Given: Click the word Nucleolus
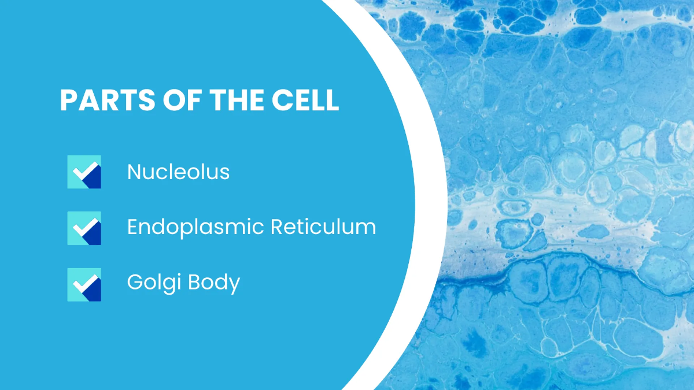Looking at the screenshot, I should tap(178, 172).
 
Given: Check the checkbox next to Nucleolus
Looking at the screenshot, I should tap(84, 172).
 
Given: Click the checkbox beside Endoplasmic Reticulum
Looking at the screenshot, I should tap(84, 228).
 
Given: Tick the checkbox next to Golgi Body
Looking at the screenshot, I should tap(84, 284).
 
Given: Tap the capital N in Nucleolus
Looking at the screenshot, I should tap(134, 172).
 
